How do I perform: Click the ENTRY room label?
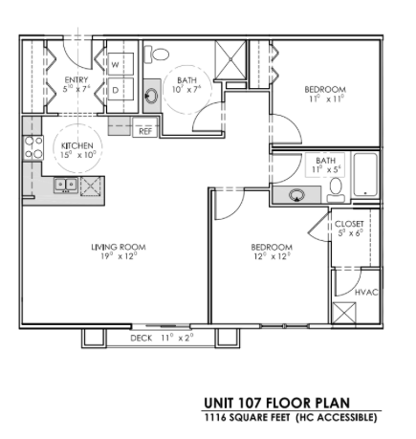click(x=77, y=80)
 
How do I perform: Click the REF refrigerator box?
click(x=145, y=130)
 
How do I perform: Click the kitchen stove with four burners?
click(x=33, y=146)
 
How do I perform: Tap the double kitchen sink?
click(x=66, y=185)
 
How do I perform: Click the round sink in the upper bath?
click(x=152, y=95)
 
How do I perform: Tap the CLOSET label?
click(x=349, y=226)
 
